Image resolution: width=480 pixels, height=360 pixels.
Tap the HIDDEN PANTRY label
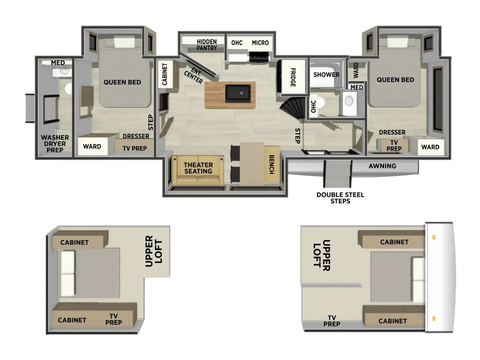tap(207, 45)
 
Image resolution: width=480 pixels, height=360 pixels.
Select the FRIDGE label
tap(293, 77)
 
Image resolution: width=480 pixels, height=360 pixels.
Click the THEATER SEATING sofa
tap(198, 170)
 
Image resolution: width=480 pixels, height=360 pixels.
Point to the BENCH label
tap(271, 165)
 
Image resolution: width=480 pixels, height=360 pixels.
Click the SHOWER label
tap(326, 75)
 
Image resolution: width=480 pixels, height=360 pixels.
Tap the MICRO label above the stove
tap(260, 43)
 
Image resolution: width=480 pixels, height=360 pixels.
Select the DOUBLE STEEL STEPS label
tap(340, 198)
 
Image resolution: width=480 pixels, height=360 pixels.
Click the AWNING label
tap(382, 166)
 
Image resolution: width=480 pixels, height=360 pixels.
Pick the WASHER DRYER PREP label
tap(55, 143)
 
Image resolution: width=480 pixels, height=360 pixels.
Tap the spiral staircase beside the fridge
tap(292, 109)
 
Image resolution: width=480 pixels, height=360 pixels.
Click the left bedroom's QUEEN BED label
tap(122, 82)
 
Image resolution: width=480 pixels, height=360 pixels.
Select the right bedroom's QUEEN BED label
tap(395, 80)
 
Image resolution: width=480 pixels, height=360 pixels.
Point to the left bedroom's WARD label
tap(92, 147)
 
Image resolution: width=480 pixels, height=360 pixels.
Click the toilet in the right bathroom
tap(320, 102)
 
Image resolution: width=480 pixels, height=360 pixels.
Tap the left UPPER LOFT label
tap(154, 251)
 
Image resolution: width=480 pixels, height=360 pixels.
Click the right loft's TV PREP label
tap(331, 321)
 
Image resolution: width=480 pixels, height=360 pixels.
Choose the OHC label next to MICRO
tap(237, 43)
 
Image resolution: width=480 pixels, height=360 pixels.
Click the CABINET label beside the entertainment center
tap(165, 74)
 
